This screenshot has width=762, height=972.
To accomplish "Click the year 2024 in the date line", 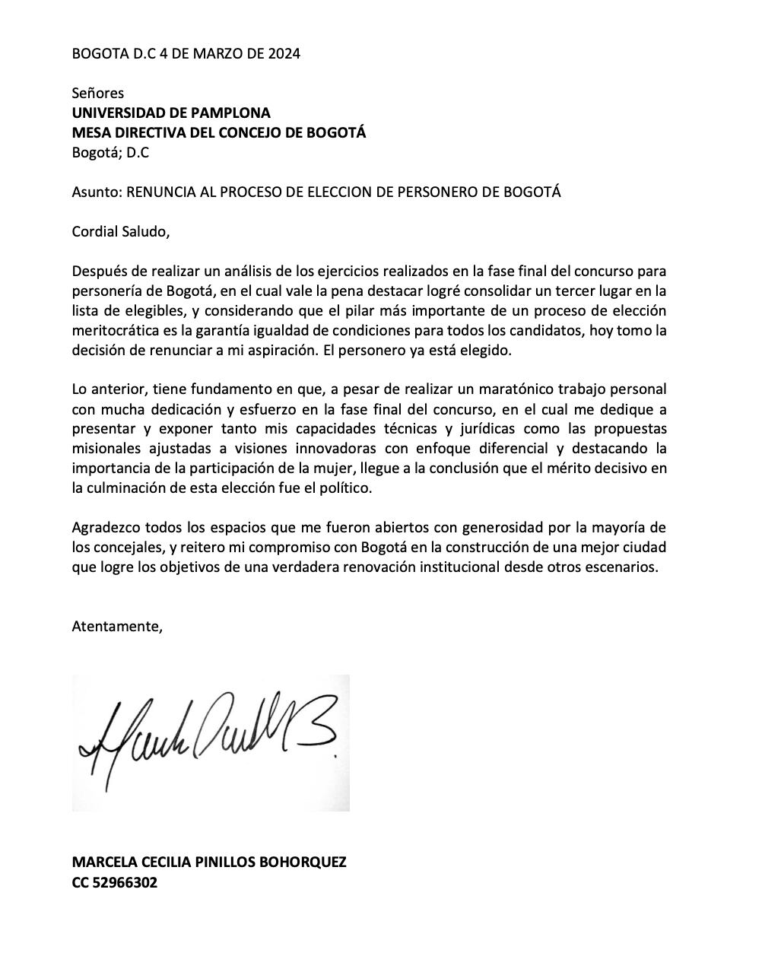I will (x=284, y=53).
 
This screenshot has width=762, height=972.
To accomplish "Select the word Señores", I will (x=97, y=93).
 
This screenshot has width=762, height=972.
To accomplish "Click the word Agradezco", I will (x=106, y=528).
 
